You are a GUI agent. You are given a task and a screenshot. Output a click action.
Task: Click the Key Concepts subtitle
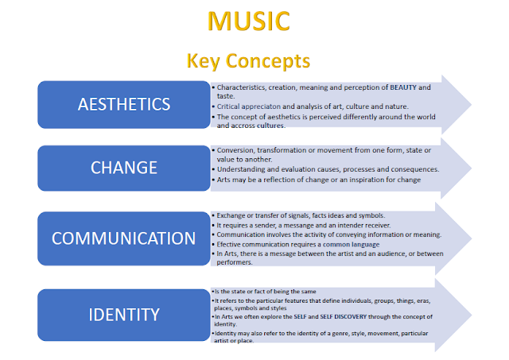(x=248, y=60)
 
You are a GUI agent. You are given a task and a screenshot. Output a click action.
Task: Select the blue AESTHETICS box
(x=122, y=104)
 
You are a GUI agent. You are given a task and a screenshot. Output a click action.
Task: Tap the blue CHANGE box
(x=122, y=168)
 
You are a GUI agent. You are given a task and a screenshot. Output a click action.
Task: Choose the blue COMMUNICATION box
(x=122, y=238)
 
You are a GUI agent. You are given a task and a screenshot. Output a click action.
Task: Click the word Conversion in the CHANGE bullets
(x=237, y=149)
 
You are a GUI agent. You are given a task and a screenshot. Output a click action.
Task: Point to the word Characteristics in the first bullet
(x=244, y=87)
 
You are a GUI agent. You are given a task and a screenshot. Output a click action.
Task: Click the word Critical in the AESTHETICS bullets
(x=227, y=106)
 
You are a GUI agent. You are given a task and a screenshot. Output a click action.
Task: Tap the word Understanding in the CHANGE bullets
(x=242, y=168)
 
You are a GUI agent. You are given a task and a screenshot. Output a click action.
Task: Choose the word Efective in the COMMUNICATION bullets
(x=231, y=244)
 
